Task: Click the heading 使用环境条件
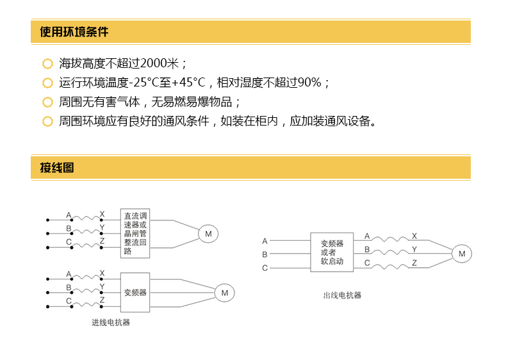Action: point(74,32)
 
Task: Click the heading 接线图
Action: point(57,168)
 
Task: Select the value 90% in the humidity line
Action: point(309,83)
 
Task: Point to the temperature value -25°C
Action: point(144,83)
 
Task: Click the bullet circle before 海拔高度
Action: point(48,63)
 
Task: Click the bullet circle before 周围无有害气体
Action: point(48,102)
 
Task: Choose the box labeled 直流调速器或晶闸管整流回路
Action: point(135,233)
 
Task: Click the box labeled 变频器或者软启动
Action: point(332,252)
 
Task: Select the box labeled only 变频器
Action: point(135,293)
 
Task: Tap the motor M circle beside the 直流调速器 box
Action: point(208,234)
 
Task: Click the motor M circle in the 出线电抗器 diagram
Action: point(462,254)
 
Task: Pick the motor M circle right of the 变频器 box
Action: point(225,293)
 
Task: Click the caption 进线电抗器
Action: point(111,322)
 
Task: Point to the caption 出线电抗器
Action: point(342,295)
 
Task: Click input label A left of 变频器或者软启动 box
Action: point(265,241)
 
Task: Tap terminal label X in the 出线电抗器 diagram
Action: point(414,236)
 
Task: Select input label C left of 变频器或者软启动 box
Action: point(265,268)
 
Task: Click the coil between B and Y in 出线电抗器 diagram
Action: point(390,252)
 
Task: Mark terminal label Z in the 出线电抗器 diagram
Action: point(414,263)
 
